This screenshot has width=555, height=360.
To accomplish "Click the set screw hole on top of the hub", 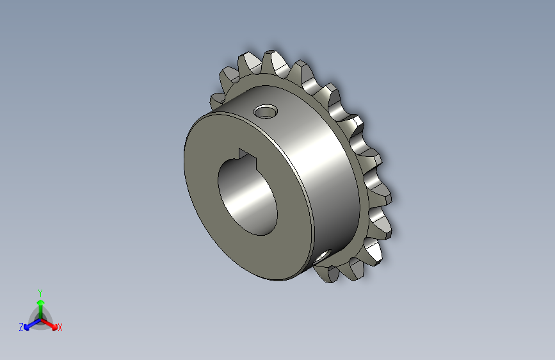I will point(264,113).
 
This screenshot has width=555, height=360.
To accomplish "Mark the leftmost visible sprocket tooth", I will point(216,101).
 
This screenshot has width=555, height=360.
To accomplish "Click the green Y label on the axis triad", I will point(40,291).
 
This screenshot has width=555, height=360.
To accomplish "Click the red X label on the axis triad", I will point(60,328).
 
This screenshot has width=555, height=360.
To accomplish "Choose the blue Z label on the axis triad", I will point(21,327).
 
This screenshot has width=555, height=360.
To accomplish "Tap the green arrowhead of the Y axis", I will point(40,302).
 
